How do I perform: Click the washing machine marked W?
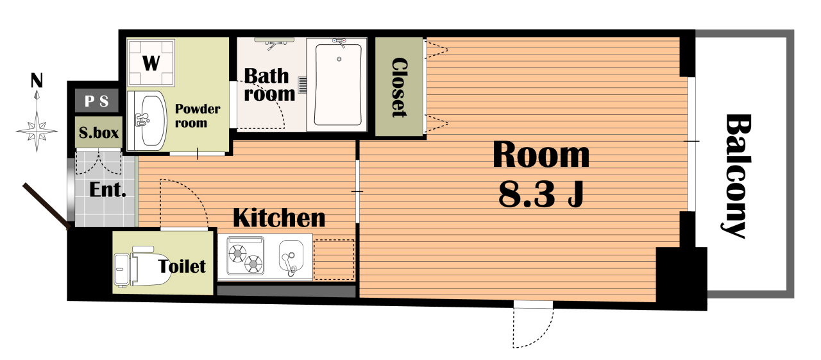(x=151, y=63)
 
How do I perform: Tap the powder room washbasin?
(x=148, y=121)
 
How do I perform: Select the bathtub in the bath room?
(x=337, y=85)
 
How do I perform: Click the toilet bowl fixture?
(x=142, y=266)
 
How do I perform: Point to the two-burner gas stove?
(x=245, y=256)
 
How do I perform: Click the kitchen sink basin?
(x=291, y=256)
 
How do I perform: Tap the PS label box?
(x=97, y=101)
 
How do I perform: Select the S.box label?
(x=99, y=133)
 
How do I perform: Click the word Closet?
(x=399, y=88)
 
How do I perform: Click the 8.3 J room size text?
(x=541, y=195)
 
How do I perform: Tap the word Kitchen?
(x=279, y=218)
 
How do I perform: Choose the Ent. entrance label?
(x=108, y=189)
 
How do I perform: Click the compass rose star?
(x=37, y=130)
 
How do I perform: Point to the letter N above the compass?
(x=37, y=80)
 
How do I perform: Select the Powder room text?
(x=198, y=116)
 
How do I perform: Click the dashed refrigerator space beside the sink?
(x=334, y=260)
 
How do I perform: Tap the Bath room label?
(x=269, y=85)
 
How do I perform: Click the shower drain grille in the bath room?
(x=302, y=85)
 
